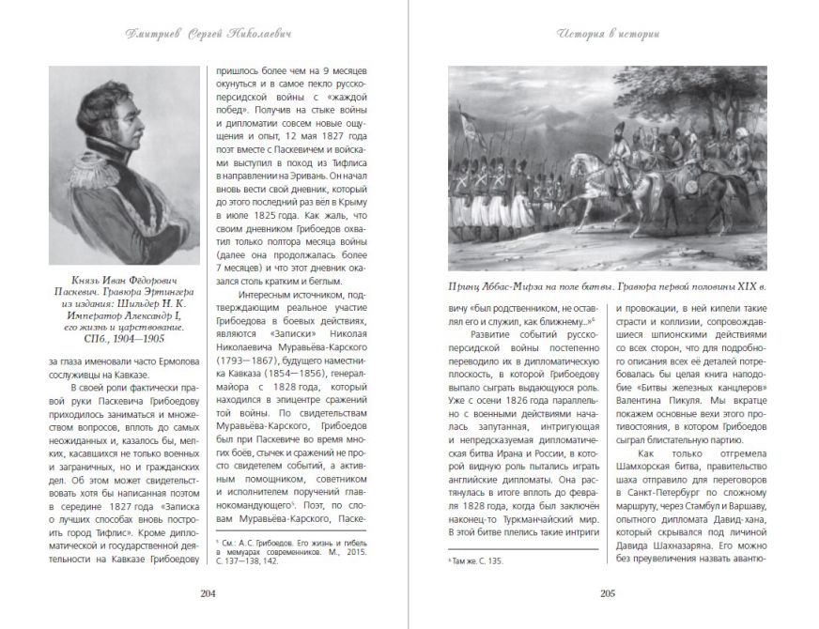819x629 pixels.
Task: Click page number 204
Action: click(209, 592)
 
